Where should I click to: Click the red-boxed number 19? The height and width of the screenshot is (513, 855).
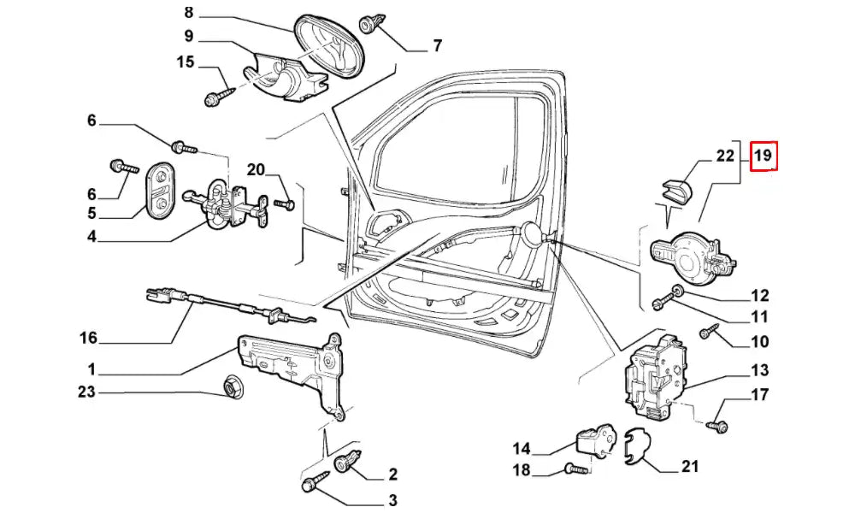point(763,156)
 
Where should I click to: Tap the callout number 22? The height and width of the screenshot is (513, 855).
point(725,156)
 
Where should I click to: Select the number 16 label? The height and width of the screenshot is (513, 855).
point(89,338)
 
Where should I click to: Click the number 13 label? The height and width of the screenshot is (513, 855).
point(760,370)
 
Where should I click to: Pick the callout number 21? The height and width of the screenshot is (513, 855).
point(690,466)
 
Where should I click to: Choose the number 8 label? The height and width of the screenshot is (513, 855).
point(189,13)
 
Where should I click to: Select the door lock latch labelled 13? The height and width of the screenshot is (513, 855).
point(653,377)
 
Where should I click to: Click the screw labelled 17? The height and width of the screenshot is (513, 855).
point(716,423)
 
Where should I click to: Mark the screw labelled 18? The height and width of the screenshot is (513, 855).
point(575,469)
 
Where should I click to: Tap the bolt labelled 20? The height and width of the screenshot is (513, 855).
point(286,204)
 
